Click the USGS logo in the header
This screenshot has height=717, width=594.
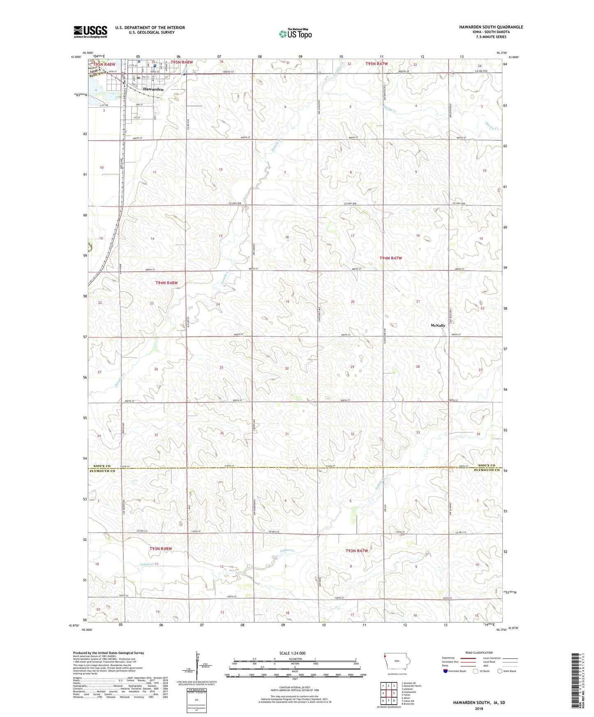pyautogui.click(x=90, y=32)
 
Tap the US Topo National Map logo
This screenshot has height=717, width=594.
pyautogui.click(x=295, y=34)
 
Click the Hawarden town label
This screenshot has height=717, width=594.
pyautogui.click(x=153, y=89)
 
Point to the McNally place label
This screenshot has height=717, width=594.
pyautogui.click(x=438, y=325)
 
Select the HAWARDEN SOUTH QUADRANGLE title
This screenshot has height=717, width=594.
pyautogui.click(x=491, y=27)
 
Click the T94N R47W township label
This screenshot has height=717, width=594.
pyautogui.click(x=390, y=258)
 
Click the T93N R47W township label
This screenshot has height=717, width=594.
pyautogui.click(x=356, y=551)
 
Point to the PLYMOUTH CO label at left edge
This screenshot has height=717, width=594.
pyautogui.click(x=102, y=471)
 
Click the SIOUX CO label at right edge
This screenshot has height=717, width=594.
pyautogui.click(x=487, y=466)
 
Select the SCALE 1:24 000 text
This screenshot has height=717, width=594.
pyautogui.click(x=292, y=653)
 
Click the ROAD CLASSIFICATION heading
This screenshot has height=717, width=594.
pyautogui.click(x=479, y=653)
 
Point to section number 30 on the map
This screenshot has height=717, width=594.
pyautogui.click(x=287, y=368)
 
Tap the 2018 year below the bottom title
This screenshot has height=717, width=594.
pyautogui.click(x=479, y=708)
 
